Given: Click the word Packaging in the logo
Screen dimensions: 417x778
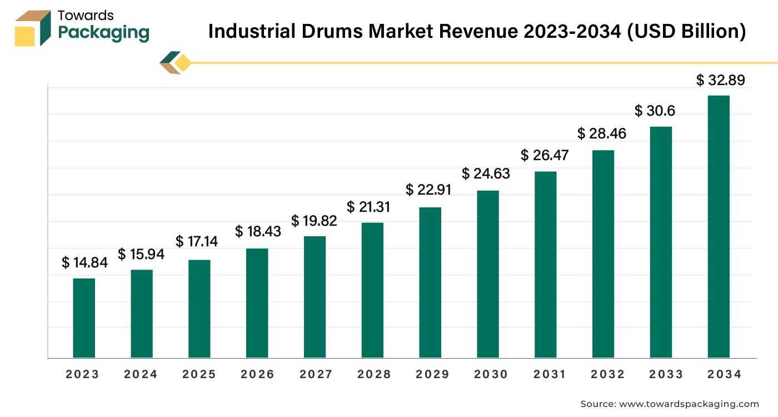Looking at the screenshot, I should (x=104, y=33).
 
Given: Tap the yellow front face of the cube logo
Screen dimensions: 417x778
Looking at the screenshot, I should (x=24, y=36).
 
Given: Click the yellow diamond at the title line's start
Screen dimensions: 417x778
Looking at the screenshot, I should (x=182, y=62).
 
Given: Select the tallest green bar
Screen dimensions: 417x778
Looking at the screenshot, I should (x=720, y=225).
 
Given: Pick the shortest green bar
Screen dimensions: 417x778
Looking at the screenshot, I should (x=84, y=317).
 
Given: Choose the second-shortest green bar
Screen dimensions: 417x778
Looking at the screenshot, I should (x=142, y=312).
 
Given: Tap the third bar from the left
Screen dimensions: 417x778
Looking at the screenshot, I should (x=200, y=307).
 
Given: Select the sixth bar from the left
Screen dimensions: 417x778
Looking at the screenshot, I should (x=373, y=290).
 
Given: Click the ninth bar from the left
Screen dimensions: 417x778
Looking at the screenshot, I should (x=546, y=264).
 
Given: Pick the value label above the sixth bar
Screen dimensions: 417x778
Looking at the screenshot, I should (x=369, y=208).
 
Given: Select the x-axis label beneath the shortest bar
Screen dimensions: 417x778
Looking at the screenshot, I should (x=82, y=376).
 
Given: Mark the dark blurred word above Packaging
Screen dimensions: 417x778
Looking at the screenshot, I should (x=86, y=14).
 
